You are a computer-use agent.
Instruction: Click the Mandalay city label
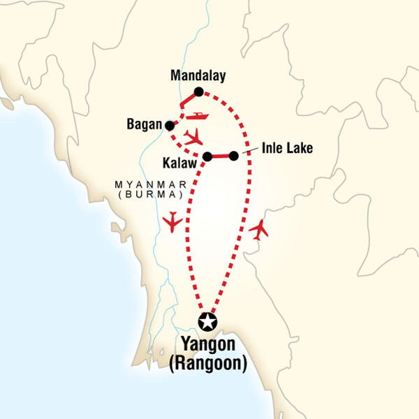pos(197,75)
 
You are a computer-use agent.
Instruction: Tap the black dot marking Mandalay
pos(199,91)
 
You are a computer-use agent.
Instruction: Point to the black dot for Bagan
pos(168,126)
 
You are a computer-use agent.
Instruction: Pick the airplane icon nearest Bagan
pos(195,136)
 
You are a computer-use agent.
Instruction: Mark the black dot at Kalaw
pos(207,156)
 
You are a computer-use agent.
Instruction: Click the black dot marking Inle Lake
pos(234,156)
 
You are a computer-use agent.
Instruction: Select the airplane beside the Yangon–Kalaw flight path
pos(171,223)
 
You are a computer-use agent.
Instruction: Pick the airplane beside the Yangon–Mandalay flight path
pos(259,228)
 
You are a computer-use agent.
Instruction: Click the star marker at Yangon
pos(207,322)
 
